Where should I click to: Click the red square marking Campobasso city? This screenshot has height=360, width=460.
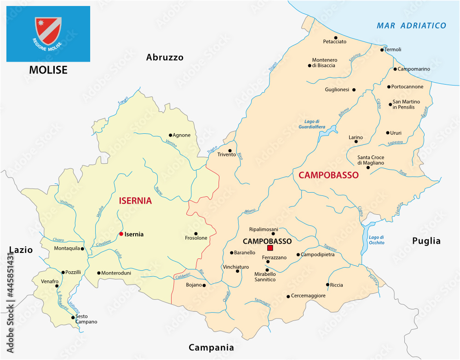pos(270,248)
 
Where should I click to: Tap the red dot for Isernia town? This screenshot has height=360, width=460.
pos(121,234)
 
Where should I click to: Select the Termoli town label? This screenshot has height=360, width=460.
pos(393,50)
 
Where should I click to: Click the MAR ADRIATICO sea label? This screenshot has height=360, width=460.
pos(411,26)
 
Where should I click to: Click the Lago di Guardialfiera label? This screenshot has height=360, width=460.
pos(311,124)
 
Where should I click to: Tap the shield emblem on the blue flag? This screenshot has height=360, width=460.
pos(48,31)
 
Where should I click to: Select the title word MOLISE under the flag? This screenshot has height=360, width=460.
pos(48,70)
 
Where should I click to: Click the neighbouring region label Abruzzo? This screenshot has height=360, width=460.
pos(165,57)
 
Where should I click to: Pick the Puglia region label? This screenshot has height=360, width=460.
pos(426,241)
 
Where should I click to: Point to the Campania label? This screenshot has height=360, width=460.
pos(211,348)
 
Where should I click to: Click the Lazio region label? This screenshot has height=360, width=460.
pos(21,250)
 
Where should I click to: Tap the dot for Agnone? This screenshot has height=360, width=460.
pos(170,135)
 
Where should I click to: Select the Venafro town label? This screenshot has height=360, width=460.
pos(50,281)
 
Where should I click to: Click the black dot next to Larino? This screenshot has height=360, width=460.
pos(356,142)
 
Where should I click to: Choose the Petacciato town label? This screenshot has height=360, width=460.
pos(335,42)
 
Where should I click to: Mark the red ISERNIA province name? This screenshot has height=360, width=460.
pos(135,200)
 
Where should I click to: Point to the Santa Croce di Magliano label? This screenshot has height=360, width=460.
pos(371,160)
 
